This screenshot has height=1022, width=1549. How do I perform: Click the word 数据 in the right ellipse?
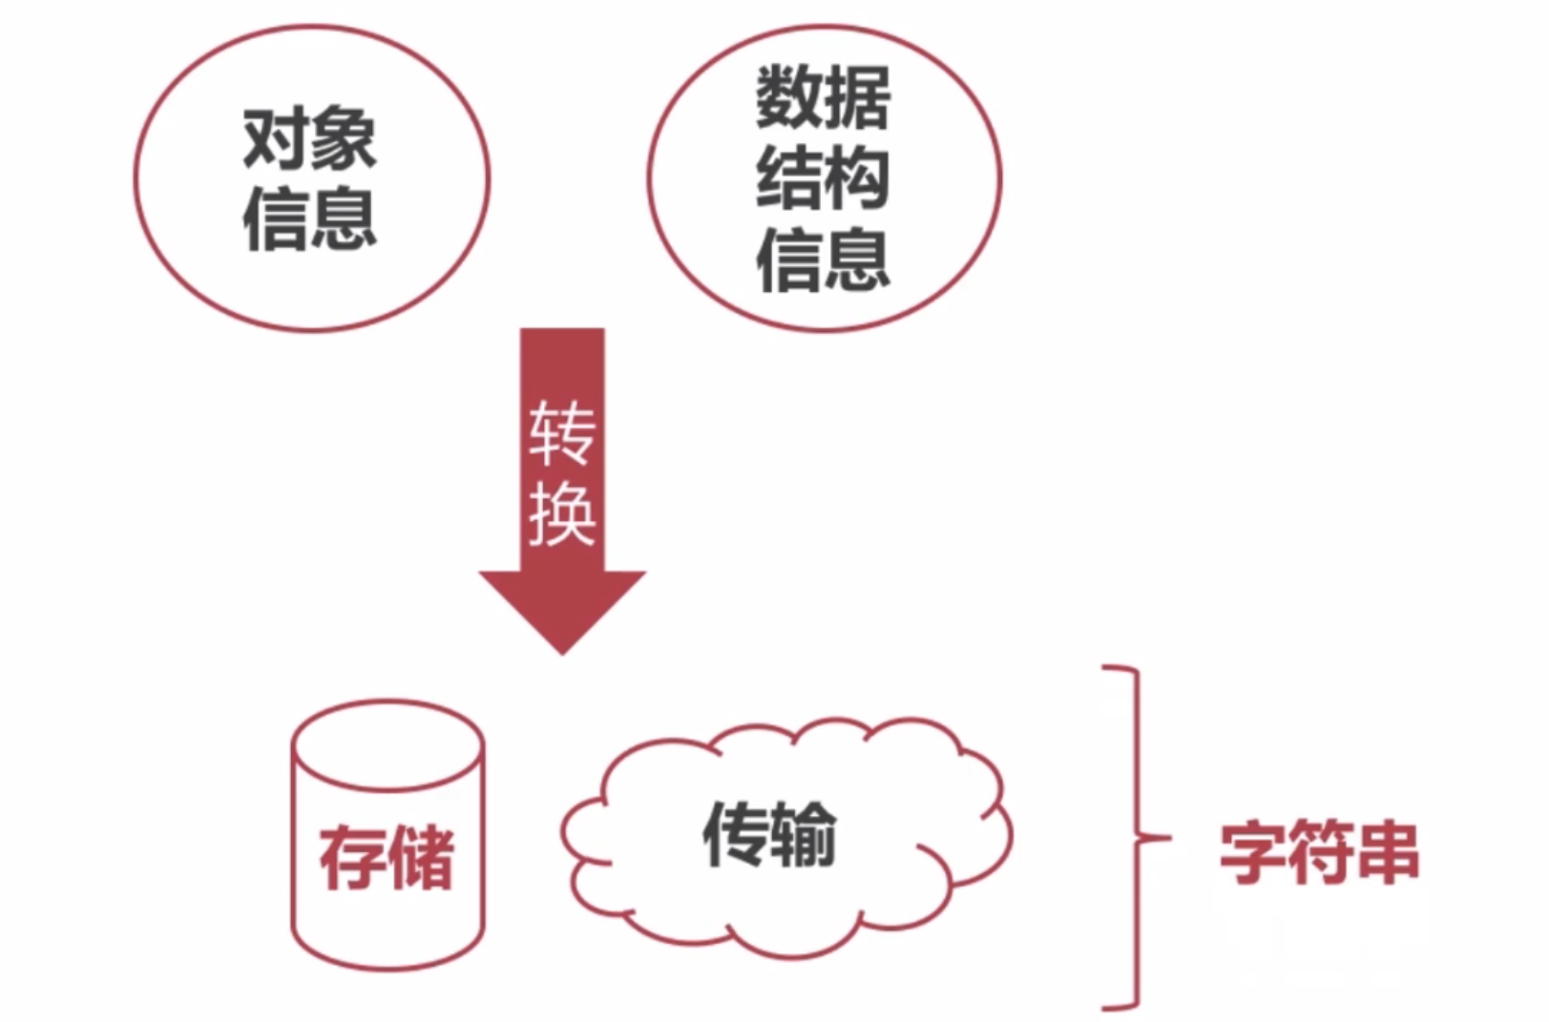[x=823, y=97]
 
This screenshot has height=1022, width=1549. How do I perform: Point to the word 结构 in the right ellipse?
[x=823, y=178]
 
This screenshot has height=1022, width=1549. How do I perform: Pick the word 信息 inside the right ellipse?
[x=823, y=259]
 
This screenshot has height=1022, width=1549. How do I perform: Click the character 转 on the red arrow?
[x=562, y=432]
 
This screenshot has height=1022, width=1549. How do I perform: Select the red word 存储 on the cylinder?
[x=387, y=858]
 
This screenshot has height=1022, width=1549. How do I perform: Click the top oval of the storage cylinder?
[x=387, y=745]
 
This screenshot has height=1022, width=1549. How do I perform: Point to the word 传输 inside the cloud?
[x=769, y=834]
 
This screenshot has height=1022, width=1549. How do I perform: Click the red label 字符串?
[x=1319, y=852]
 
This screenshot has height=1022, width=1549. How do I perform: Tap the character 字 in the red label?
[x=1253, y=852]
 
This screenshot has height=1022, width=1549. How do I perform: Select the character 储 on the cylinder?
[x=421, y=858]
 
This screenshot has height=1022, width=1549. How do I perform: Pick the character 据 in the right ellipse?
[x=857, y=97]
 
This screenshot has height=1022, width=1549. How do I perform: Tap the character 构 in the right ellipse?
[x=857, y=178]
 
